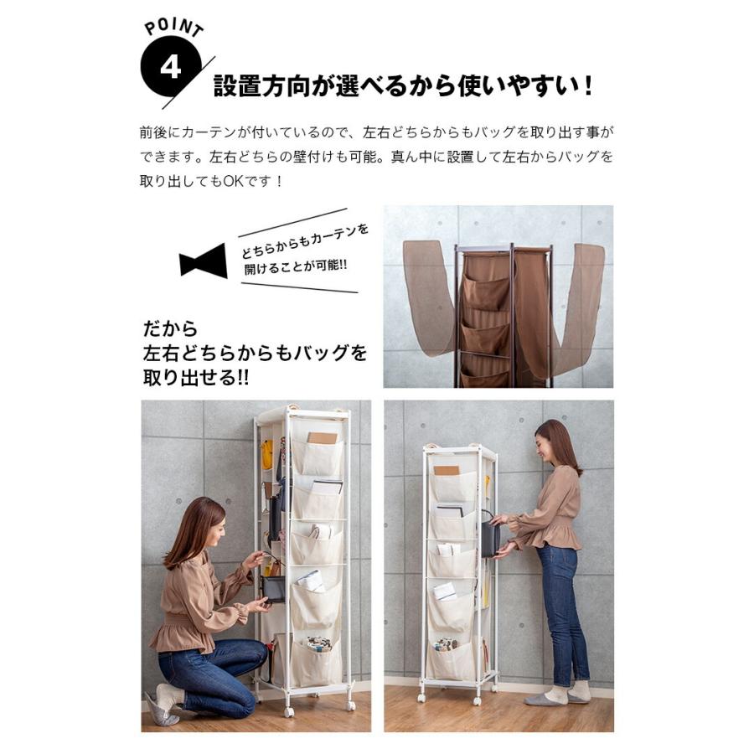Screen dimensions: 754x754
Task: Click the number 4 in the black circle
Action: (x=170, y=67)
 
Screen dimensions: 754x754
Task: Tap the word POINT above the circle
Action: (x=173, y=28)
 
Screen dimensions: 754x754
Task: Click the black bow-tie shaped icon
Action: (x=203, y=261)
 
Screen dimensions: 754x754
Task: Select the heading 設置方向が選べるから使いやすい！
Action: (x=403, y=85)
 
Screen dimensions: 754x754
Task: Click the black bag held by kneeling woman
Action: (x=274, y=588)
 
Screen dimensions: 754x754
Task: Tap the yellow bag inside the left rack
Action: (x=266, y=454)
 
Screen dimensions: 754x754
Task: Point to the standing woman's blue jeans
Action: (x=559, y=612)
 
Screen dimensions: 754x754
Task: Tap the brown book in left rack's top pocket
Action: (x=322, y=437)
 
